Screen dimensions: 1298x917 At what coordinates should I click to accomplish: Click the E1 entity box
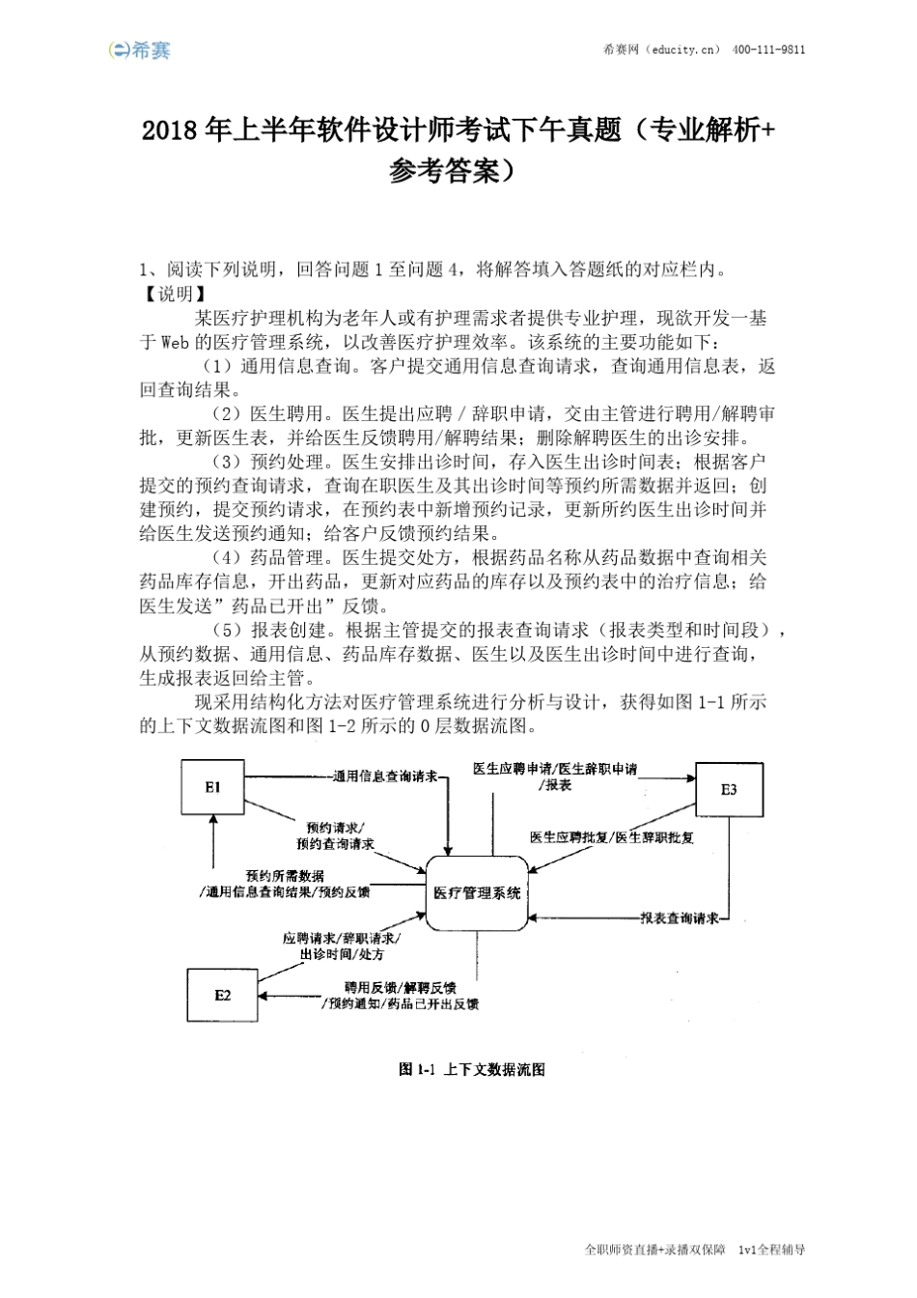[x=212, y=787]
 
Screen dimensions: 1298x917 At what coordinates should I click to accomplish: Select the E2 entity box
[x=222, y=994]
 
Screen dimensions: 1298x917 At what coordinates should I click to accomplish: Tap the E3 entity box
[x=729, y=789]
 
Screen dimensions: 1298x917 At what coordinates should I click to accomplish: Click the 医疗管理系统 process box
[x=477, y=892]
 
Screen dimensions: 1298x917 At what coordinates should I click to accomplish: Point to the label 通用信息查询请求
[x=384, y=776]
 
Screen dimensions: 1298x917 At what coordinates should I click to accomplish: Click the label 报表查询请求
[x=680, y=917]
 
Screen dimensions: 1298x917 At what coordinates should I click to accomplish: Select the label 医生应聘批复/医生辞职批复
[x=612, y=837]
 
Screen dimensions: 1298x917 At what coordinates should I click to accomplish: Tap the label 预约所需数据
[x=285, y=876]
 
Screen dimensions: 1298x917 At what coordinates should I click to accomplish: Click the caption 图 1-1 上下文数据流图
[x=472, y=1069]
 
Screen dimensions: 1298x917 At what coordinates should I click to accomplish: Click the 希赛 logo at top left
[x=140, y=49]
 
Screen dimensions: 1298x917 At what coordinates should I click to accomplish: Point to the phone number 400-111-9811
[x=769, y=50]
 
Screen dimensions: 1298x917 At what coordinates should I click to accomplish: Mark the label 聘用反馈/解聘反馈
[x=401, y=988]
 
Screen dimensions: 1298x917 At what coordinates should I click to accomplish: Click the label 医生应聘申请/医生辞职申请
[x=555, y=769]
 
